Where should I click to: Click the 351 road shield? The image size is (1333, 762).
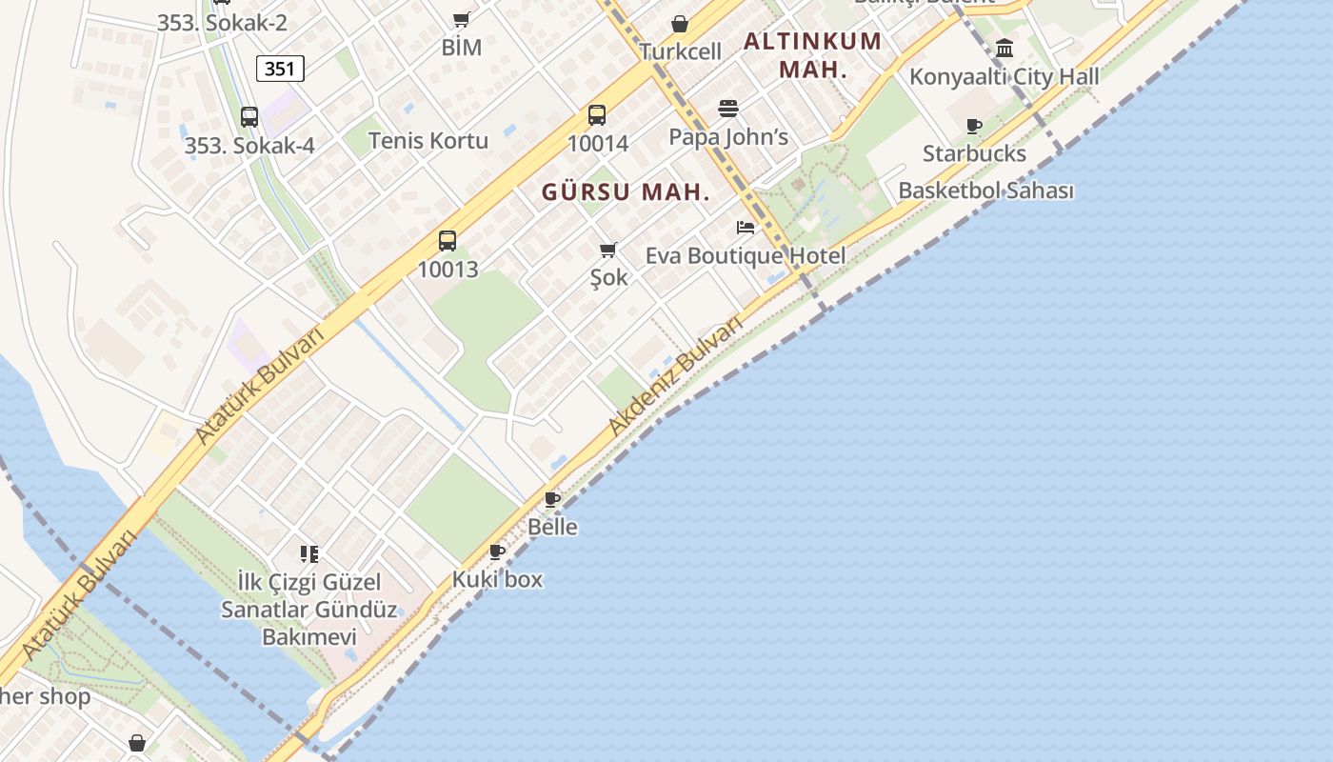point(280,69)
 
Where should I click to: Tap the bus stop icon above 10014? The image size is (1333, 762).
point(597,115)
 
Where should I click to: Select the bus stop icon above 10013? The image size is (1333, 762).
point(448,241)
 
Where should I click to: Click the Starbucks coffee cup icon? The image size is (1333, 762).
point(974,126)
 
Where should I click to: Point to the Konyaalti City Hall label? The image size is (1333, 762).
point(1004,77)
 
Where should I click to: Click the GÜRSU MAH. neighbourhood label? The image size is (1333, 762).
point(626,192)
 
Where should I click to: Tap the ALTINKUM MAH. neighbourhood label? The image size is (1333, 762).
point(812,55)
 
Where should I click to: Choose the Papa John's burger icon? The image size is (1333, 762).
point(728,109)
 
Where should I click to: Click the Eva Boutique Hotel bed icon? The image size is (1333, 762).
point(746,228)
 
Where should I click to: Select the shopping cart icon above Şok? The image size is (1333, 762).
point(608,251)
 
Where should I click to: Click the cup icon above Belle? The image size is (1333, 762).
point(552,499)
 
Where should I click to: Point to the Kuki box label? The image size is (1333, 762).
point(497,579)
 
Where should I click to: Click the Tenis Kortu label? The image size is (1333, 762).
point(428,141)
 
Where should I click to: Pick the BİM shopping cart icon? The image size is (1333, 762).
point(462,19)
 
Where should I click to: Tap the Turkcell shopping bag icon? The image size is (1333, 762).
point(680,24)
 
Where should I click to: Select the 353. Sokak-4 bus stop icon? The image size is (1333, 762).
point(249,117)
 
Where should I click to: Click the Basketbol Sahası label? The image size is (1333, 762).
point(985,190)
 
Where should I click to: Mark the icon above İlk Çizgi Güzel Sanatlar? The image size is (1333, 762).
point(308,553)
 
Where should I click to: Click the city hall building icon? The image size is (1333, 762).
point(1005,48)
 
